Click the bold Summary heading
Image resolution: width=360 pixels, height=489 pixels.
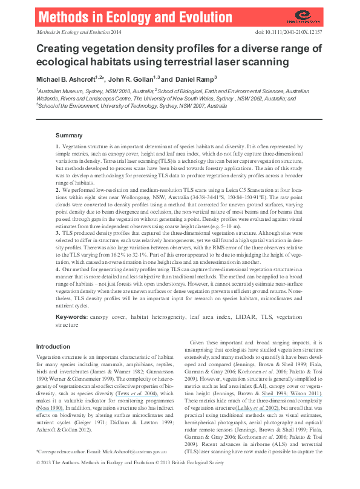(69, 135)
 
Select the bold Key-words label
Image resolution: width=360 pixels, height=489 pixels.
(73, 317)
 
